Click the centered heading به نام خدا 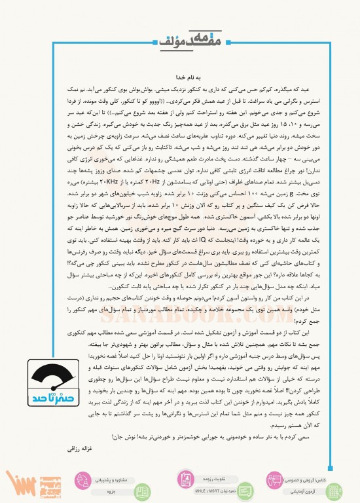click(x=180, y=75)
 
